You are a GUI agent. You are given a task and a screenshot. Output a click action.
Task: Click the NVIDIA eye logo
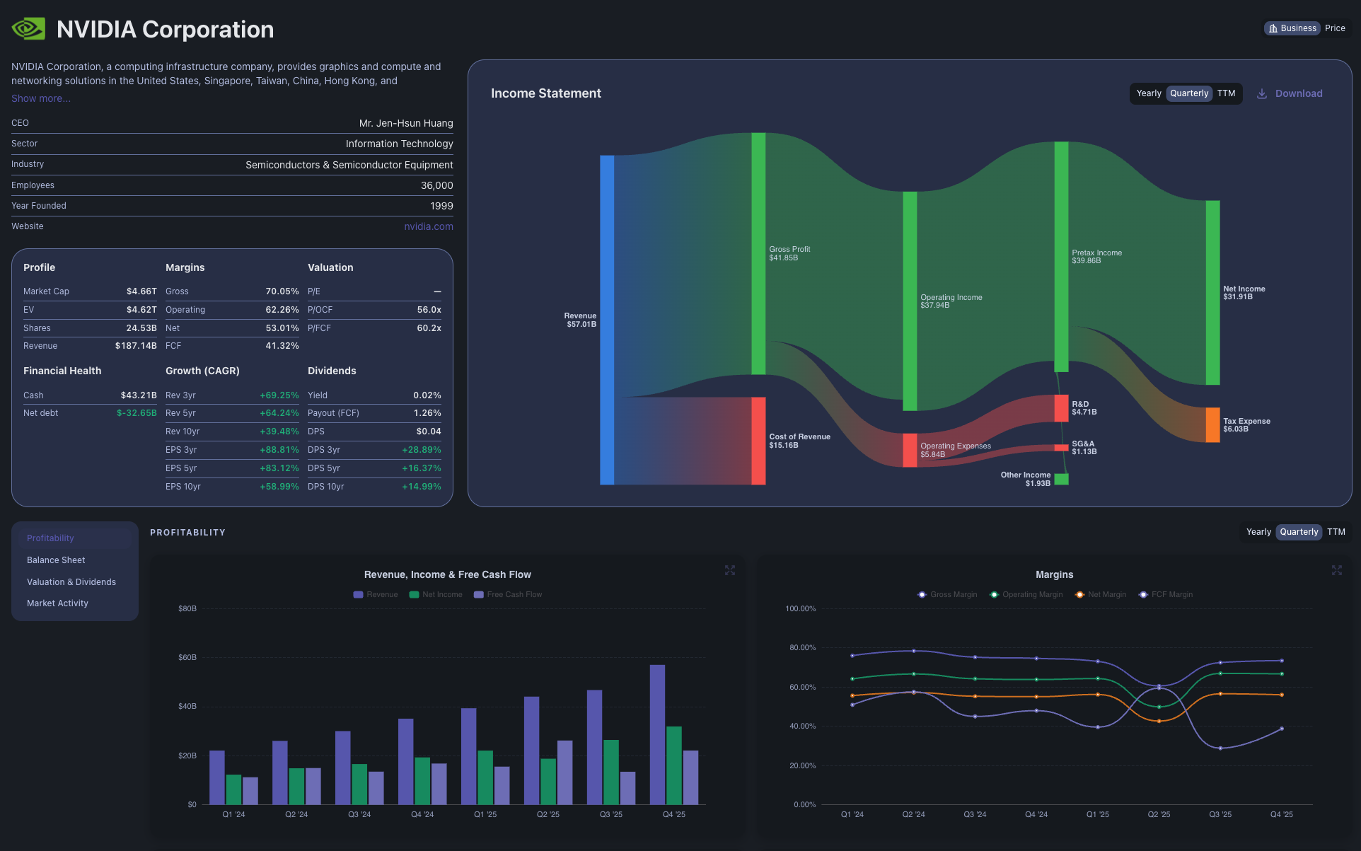point(28,28)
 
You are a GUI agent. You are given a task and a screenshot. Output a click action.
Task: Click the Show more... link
point(40,98)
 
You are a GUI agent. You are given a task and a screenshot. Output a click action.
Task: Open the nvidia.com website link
point(428,226)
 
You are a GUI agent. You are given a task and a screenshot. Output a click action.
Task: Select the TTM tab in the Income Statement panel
point(1226,93)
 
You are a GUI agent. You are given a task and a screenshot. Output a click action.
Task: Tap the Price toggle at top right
point(1335,28)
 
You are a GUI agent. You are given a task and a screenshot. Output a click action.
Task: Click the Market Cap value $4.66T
point(141,291)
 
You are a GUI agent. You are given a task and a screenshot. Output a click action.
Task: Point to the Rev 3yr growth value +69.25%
point(279,395)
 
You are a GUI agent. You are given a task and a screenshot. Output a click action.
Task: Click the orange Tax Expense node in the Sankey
point(1212,424)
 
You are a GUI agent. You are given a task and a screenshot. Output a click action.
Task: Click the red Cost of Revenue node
point(758,441)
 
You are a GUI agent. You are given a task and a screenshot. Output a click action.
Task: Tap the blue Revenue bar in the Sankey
point(607,320)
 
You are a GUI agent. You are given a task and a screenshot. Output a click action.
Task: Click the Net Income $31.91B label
point(1244,293)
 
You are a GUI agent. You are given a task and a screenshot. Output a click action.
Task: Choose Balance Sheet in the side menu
point(56,560)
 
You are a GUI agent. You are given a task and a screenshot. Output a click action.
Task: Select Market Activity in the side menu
point(57,603)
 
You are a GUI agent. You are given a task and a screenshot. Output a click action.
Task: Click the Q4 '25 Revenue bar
point(657,734)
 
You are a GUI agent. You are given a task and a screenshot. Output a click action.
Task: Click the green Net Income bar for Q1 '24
point(233,789)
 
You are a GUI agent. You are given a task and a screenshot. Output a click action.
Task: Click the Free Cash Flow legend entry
point(508,594)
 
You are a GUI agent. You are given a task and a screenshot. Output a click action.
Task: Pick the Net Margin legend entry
point(1101,594)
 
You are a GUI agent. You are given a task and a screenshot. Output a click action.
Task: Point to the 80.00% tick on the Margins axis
point(802,647)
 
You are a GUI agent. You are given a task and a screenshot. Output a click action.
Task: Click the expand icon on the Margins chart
point(1336,570)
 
